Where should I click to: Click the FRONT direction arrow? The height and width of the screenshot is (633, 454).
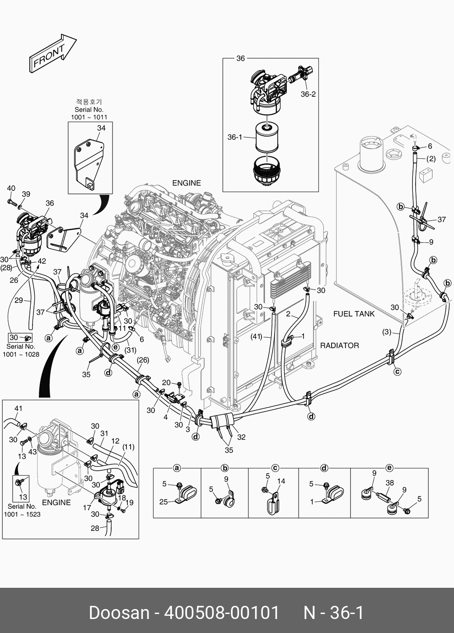[52, 53]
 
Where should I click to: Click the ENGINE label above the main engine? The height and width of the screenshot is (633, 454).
[186, 183]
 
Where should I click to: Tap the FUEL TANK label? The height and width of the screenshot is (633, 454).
[354, 314]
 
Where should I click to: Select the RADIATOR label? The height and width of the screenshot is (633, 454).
[339, 345]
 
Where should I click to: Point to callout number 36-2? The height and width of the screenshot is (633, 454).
[308, 94]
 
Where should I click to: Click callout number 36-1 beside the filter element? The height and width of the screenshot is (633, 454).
[235, 137]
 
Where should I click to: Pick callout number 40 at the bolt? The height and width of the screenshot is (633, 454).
[11, 189]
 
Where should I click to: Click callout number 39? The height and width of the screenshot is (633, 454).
[26, 194]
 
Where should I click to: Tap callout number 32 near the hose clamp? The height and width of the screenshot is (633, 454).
[241, 437]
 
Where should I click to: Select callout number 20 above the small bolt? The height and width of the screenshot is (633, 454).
[166, 383]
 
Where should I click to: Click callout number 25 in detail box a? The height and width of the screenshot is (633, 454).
[164, 501]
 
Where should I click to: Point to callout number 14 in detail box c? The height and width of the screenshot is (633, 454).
[281, 481]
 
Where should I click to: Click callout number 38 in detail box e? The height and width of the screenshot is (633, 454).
[389, 482]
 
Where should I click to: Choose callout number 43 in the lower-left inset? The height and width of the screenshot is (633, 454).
[33, 452]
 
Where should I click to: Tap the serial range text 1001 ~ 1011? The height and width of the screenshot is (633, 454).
[89, 117]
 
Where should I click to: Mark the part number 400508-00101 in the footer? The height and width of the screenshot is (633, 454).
[222, 613]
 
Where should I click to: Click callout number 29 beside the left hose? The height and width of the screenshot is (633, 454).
[19, 300]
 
